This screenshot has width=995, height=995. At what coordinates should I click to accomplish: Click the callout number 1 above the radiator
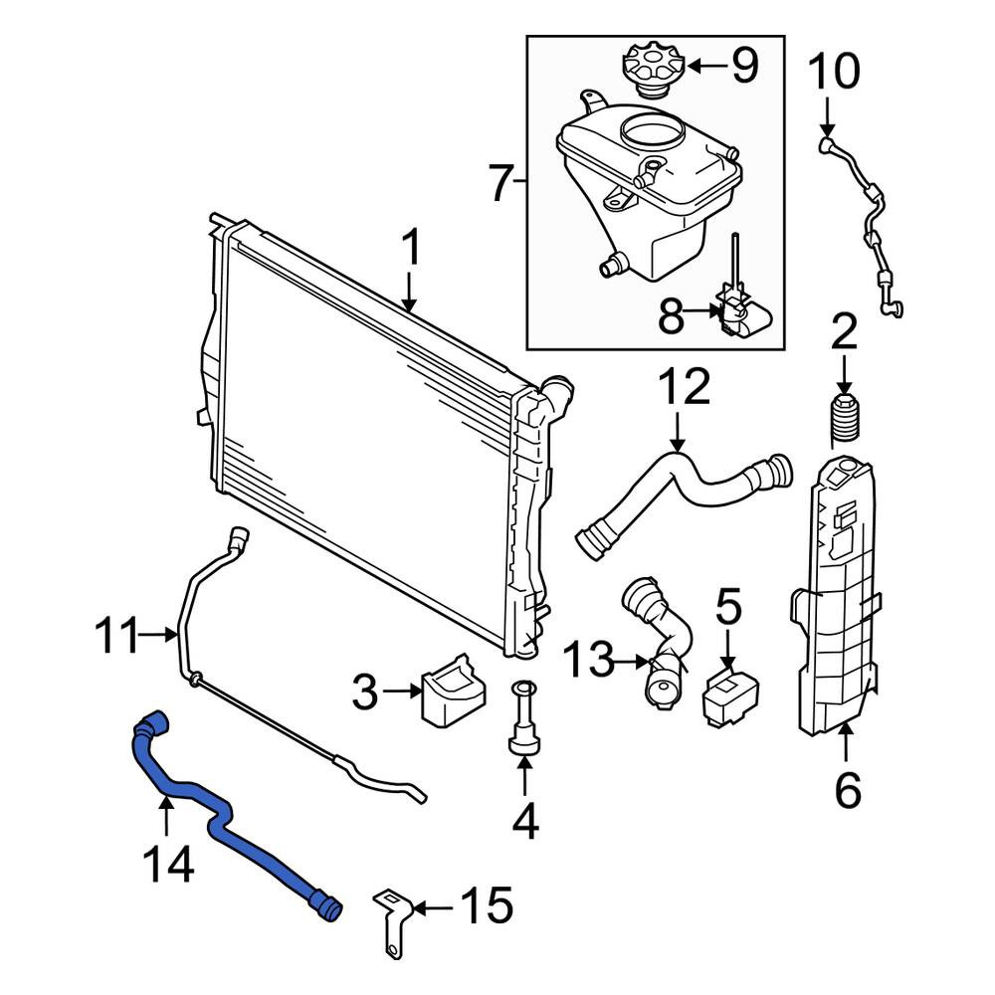pyautogui.click(x=412, y=248)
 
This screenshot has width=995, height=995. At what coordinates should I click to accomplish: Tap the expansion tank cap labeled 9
pyautogui.click(x=654, y=70)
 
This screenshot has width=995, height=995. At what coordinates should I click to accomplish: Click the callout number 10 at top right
pyautogui.click(x=834, y=71)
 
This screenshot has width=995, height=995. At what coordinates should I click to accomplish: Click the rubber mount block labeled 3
pyautogui.click(x=453, y=691)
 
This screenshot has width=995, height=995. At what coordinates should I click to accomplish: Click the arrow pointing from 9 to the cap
pyautogui.click(x=706, y=66)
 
